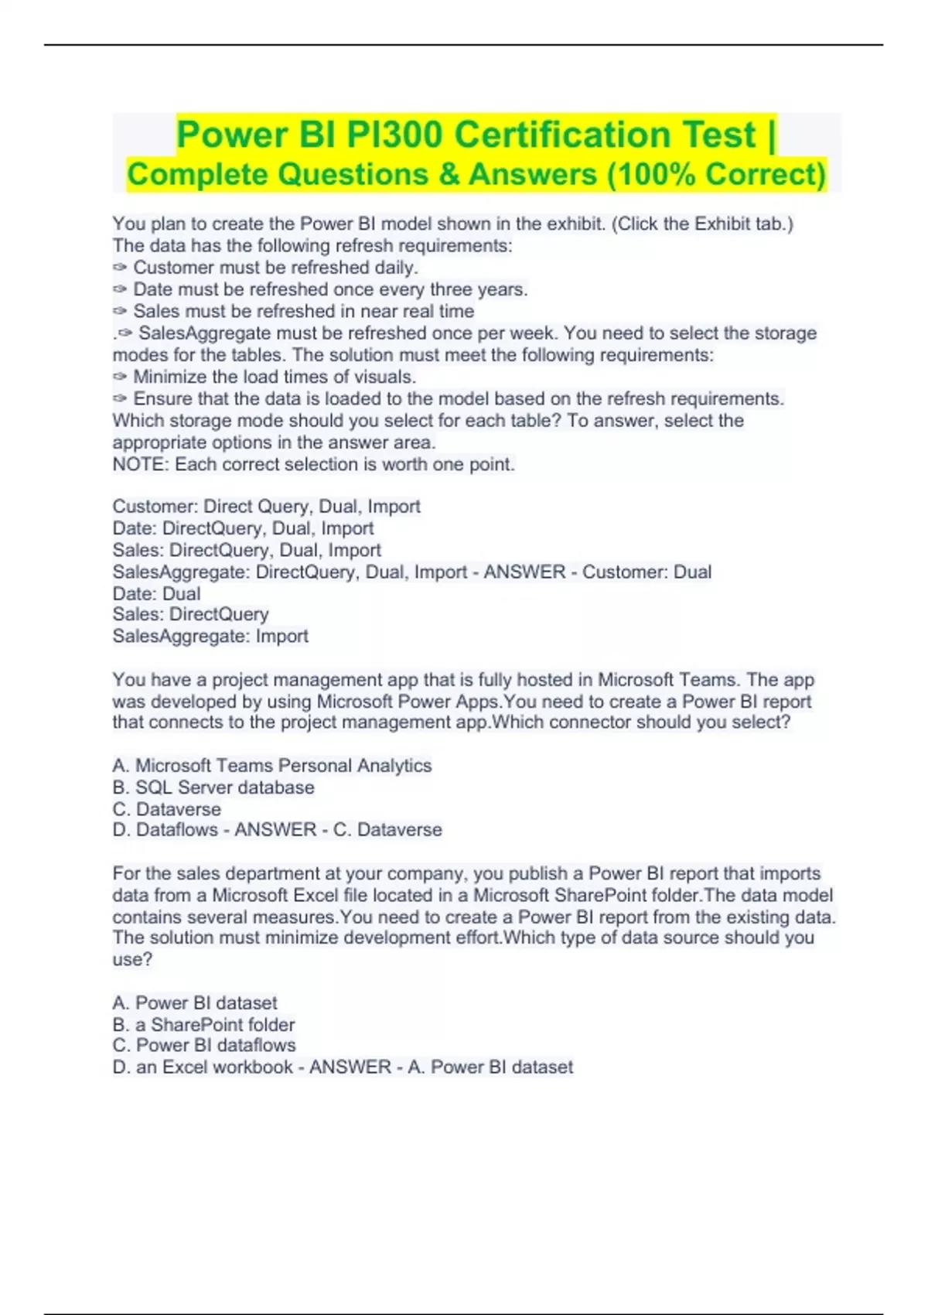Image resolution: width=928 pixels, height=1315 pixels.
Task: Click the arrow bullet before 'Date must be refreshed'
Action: [120, 289]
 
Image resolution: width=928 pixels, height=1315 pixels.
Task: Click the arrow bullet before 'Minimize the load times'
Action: [120, 377]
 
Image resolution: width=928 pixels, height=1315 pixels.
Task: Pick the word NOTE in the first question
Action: [139, 464]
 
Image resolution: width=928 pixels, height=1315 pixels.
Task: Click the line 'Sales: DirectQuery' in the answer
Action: [190, 614]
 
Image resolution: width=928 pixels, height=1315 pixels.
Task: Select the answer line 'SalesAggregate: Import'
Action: [210, 636]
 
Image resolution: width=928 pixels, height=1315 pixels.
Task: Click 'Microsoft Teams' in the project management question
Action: [668, 680]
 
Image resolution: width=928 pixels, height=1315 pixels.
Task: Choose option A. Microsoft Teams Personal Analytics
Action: [271, 766]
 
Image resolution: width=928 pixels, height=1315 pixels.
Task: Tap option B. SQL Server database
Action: [213, 787]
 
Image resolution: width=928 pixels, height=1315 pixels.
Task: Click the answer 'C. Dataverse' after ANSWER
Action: [387, 830]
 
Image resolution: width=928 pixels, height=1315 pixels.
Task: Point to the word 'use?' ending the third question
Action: [132, 960]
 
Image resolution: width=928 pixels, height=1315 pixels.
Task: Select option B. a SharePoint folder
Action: [203, 1025]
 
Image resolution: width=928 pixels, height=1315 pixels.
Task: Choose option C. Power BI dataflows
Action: [204, 1045]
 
